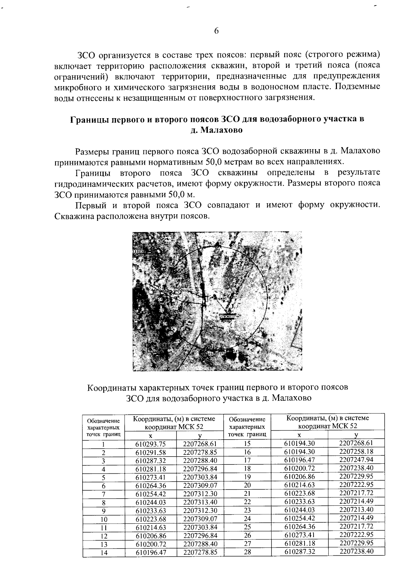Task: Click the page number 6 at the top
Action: pos(216,31)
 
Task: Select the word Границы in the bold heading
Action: pos(86,120)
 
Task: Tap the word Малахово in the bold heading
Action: pos(221,130)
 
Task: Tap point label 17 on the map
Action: pos(197,352)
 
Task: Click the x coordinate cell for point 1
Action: pos(151,444)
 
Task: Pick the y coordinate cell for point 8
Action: pos(200,502)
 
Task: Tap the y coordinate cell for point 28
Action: pos(356,551)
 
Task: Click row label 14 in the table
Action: pos(104,553)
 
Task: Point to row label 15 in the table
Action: pos(247,443)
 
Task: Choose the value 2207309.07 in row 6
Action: pos(200,486)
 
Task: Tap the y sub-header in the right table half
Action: pos(356,435)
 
